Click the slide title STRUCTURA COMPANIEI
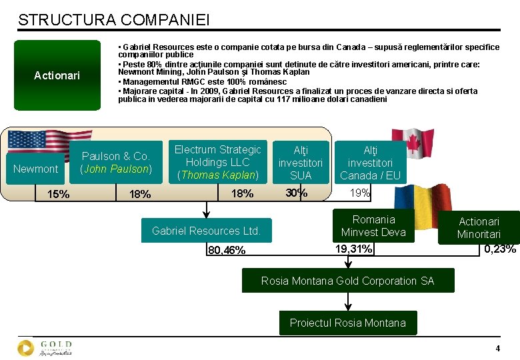coord(113,20)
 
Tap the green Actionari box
coord(57,75)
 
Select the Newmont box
coord(36,169)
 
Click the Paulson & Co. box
coord(115,162)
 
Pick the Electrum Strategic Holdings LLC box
coord(217,162)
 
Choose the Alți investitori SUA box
coord(301,162)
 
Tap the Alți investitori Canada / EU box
coord(370,163)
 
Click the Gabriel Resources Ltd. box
coord(206,231)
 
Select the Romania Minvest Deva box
coord(373,226)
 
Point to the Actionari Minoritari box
coord(479,227)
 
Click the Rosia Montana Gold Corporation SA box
coord(347,281)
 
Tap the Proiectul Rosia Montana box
coord(347,323)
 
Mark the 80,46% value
coord(227,251)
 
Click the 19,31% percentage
coord(353,249)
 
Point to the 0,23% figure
coord(500,249)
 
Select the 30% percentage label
coord(296,193)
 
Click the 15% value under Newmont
coord(57,194)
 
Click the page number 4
coord(497,349)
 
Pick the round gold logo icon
coord(25,348)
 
